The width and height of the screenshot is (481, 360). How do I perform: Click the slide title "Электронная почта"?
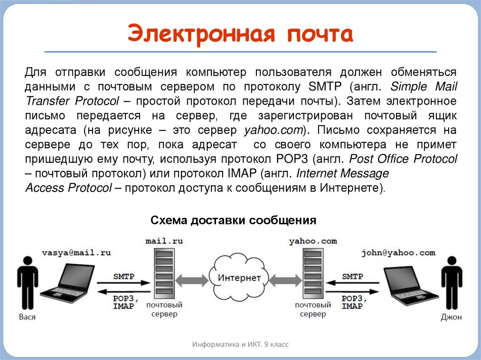click(x=240, y=35)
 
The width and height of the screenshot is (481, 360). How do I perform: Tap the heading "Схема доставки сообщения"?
click(x=233, y=220)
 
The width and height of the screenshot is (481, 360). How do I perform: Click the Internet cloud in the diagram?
click(x=239, y=277)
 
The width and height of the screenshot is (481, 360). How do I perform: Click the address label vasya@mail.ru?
click(x=76, y=253)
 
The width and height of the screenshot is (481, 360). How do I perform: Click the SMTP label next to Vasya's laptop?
click(x=124, y=276)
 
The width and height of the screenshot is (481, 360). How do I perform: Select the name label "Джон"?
click(x=451, y=317)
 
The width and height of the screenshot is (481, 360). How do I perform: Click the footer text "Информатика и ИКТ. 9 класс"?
click(x=240, y=345)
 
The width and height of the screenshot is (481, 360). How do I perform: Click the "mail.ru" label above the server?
click(x=164, y=241)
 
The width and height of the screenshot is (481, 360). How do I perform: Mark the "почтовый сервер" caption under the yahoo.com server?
click(x=313, y=309)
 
